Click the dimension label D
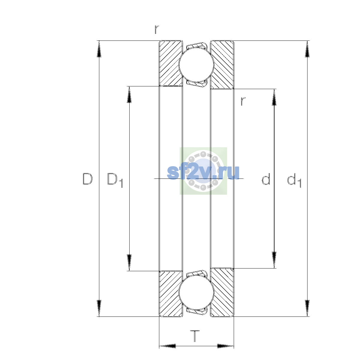pyautogui.click(x=88, y=179)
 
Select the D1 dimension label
pyautogui.click(x=115, y=180)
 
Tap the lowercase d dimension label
pyautogui.click(x=266, y=179)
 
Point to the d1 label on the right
pyautogui.click(x=294, y=180)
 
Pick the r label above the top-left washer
pyautogui.click(x=157, y=29)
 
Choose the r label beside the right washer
pyautogui.click(x=243, y=101)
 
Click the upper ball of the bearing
pyautogui.click(x=196, y=64)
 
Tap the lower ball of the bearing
pyautogui.click(x=196, y=293)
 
